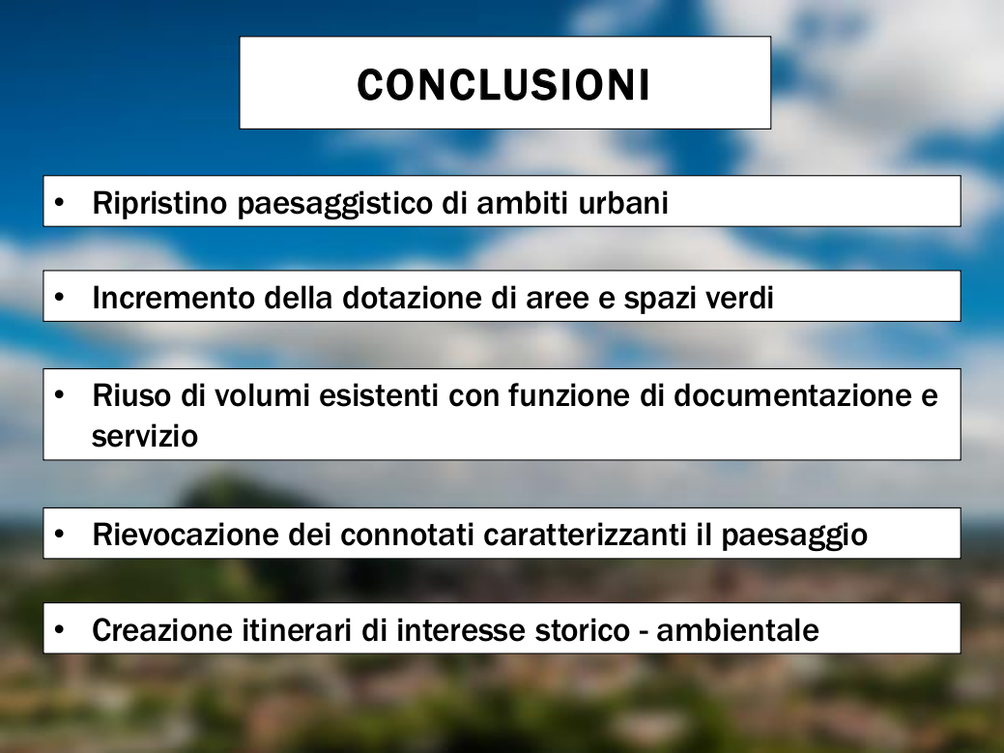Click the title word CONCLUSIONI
[x=503, y=84]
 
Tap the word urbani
[x=623, y=203]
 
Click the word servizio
[x=145, y=436]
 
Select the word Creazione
[x=162, y=630]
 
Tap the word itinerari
[x=296, y=630]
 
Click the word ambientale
[x=737, y=630]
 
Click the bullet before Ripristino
[x=60, y=203]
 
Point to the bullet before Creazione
[x=60, y=629]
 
